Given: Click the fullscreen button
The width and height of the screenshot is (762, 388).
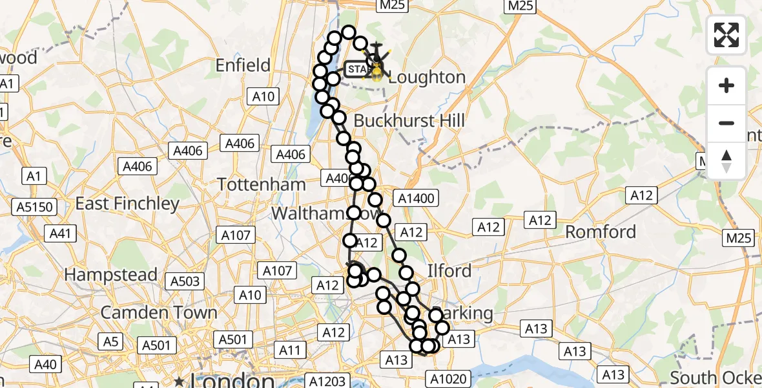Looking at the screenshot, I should (x=726, y=35).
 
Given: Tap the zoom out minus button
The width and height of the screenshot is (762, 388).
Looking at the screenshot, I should (x=726, y=123).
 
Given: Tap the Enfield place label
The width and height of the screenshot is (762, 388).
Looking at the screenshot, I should (x=242, y=65).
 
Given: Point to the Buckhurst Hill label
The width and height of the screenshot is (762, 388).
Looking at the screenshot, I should (x=409, y=120).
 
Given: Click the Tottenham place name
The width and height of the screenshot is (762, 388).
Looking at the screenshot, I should (x=262, y=184).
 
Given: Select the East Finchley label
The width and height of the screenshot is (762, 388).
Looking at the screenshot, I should (x=127, y=204).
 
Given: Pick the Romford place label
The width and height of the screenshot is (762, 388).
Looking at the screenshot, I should (x=601, y=232).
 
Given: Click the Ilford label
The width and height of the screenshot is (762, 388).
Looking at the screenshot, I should (x=449, y=270).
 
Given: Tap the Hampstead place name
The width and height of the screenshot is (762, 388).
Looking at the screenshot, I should (x=111, y=275).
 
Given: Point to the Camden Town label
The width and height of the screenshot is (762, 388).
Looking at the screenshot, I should (x=159, y=312).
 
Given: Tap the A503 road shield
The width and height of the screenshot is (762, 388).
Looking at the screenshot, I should (x=185, y=281).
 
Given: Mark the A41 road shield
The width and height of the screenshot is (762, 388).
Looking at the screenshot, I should (x=60, y=233).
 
